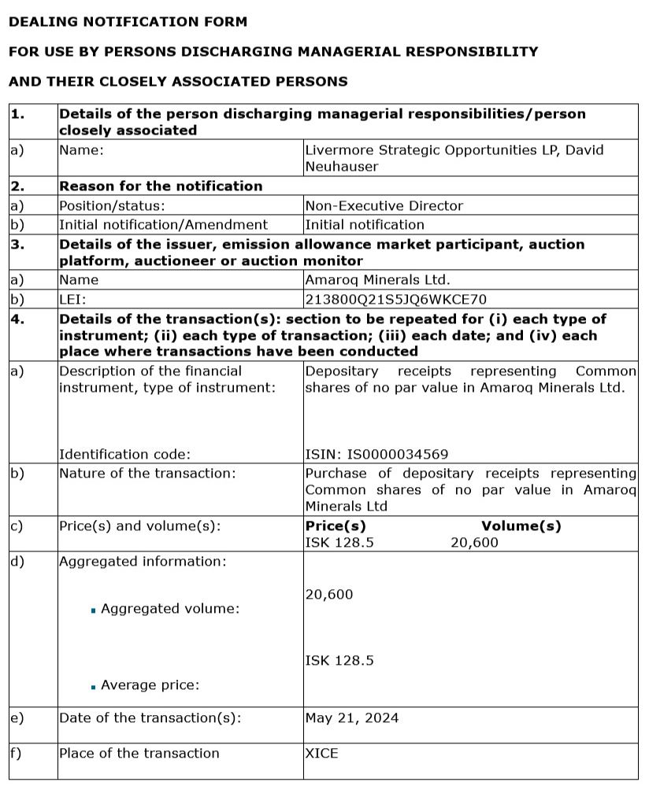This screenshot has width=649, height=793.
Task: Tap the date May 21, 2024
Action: pyautogui.click(x=351, y=717)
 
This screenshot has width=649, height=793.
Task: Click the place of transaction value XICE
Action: pyautogui.click(x=321, y=753)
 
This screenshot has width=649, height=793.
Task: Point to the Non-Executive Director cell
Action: pyautogui.click(x=384, y=205)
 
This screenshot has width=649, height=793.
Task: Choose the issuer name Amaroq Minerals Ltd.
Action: pyautogui.click(x=377, y=280)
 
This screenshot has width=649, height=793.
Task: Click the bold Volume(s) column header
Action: pyautogui.click(x=521, y=526)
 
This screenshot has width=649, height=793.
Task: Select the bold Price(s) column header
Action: pyautogui.click(x=335, y=526)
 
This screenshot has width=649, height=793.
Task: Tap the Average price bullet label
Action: pyautogui.click(x=150, y=685)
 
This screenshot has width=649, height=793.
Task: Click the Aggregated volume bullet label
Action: pyautogui.click(x=170, y=608)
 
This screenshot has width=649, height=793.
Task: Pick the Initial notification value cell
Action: pyautogui.click(x=364, y=224)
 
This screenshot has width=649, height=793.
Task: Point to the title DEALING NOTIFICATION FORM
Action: pyautogui.click(x=128, y=22)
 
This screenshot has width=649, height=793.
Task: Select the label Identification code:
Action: pyautogui.click(x=124, y=454)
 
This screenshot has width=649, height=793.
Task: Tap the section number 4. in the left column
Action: pyautogui.click(x=18, y=319)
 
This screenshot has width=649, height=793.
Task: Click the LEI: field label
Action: pyautogui.click(x=72, y=300)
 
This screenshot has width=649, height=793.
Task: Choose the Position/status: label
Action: pyautogui.click(x=112, y=205)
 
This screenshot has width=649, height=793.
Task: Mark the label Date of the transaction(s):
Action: pyautogui.click(x=150, y=717)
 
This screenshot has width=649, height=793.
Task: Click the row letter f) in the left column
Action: pyautogui.click(x=16, y=753)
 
